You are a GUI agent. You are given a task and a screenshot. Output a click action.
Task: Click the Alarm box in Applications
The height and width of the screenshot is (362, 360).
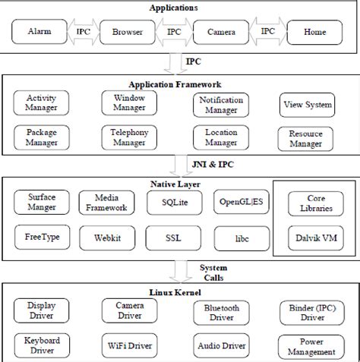tap(39, 32)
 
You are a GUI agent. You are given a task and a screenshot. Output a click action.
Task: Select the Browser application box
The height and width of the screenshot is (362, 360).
tap(127, 32)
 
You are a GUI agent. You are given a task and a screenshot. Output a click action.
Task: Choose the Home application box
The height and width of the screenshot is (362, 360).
tap(314, 32)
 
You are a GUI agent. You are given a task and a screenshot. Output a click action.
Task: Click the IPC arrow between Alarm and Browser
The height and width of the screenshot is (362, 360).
tap(83, 32)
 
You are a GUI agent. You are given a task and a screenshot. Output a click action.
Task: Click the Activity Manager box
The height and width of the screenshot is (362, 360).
tap(40, 103)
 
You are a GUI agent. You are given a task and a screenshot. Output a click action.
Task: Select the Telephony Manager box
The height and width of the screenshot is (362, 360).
tap(128, 137)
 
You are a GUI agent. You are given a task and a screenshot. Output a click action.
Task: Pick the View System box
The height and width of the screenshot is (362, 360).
tap(307, 105)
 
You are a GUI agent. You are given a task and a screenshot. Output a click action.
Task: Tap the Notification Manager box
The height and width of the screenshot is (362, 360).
tap(220, 105)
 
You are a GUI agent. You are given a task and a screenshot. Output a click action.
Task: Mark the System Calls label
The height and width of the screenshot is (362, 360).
tap(214, 272)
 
